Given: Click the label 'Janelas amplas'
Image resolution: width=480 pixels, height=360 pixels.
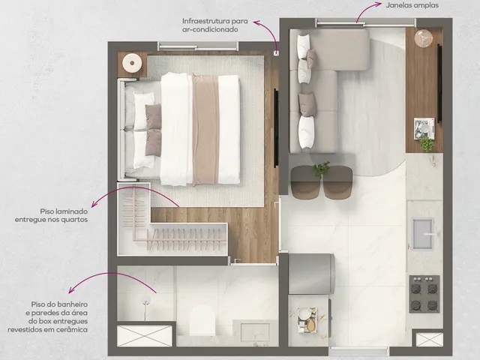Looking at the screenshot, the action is coord(412,5).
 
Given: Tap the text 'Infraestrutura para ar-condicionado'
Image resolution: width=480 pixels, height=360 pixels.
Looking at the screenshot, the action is coord(215,25).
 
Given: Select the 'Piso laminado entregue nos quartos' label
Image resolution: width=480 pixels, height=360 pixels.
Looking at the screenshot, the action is coord(51,215).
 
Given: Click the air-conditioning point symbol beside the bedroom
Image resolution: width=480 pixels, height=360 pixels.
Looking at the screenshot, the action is coord(277,53).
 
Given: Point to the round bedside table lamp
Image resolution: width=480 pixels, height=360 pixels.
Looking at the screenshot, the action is coord(132,63).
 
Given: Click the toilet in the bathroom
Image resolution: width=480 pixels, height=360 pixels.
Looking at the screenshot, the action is coord(202,321).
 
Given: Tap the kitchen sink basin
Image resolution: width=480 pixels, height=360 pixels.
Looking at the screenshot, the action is coord(423,233).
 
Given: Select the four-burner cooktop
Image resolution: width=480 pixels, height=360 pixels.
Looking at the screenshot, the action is coord(424,294).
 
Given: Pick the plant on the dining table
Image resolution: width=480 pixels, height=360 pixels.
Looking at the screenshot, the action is coord(321,169).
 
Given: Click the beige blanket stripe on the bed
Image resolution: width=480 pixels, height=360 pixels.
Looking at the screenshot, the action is coord(205,130).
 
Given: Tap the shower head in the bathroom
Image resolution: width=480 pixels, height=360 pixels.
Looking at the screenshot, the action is coord(146,301).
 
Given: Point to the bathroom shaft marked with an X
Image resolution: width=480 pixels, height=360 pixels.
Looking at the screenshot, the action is coord(145,336).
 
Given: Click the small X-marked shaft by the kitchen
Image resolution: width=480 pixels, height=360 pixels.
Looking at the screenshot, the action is coord(429,340).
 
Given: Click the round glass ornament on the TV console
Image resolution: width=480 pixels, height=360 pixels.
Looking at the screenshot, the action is coord(424,38).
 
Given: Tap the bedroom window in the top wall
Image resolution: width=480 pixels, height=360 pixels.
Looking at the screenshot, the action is coord(198,46).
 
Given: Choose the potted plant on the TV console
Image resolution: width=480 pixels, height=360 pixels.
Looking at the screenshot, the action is coord(427,144).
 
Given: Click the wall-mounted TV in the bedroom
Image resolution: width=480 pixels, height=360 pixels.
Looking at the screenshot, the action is coord(276,127).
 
